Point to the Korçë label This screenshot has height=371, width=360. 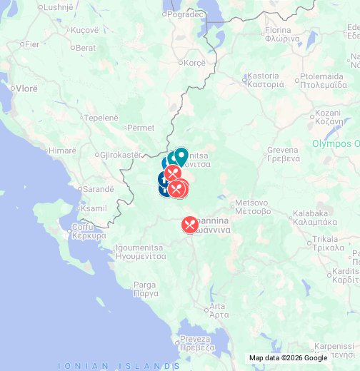click(x=194, y=63)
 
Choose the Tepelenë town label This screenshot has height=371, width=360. click(x=104, y=118)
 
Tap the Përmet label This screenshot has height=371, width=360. click(x=141, y=128)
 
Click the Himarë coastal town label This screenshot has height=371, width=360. click(x=62, y=151)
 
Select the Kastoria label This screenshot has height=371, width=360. click(x=265, y=79)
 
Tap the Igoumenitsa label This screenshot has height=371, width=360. click(x=140, y=251)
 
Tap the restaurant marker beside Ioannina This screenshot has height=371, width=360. click(x=189, y=225)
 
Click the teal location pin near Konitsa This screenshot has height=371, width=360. click(x=181, y=156)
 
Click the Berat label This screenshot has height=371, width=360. click(x=86, y=48)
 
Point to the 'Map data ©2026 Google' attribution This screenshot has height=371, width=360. click(x=288, y=358)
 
